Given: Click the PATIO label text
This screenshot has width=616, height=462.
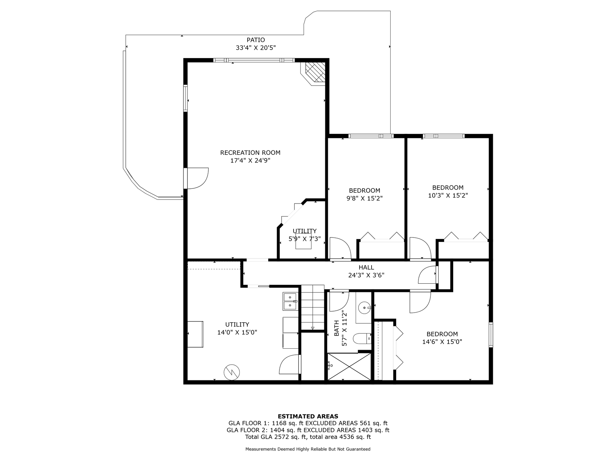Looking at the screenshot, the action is [x=256, y=40].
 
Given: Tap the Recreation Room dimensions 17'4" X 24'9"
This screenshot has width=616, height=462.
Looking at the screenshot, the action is [x=250, y=161].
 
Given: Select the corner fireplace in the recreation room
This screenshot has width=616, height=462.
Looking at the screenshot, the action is [x=315, y=73].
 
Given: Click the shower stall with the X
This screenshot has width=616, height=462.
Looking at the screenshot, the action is [x=349, y=366].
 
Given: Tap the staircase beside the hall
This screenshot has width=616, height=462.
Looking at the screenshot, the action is [x=313, y=307].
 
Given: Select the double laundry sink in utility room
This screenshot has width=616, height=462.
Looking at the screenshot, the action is [x=290, y=301].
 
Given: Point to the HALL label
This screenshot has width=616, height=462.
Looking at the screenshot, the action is [x=366, y=267].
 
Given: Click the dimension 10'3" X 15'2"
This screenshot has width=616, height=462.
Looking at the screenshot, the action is [x=448, y=195].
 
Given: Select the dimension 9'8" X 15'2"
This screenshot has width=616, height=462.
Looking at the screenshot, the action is [x=364, y=198].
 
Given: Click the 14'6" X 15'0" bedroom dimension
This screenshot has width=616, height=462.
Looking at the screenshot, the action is [x=442, y=342].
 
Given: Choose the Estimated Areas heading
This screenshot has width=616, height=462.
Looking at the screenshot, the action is [x=308, y=416].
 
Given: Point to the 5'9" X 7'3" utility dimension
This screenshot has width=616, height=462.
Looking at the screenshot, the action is [x=304, y=239].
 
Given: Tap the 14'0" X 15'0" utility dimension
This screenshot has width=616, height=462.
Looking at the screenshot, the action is [x=237, y=332].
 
